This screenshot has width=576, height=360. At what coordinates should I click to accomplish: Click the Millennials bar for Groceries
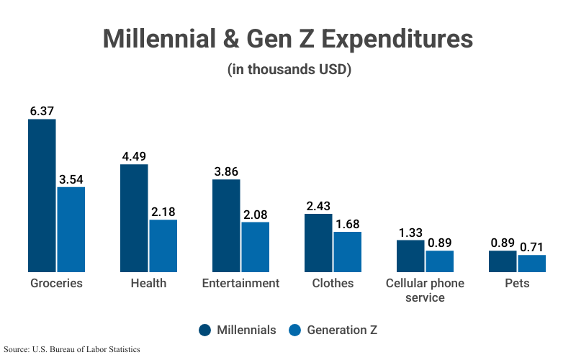tap(42, 195)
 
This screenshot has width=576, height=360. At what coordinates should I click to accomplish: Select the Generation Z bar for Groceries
tap(71, 229)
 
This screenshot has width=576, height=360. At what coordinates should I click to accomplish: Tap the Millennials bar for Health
tap(134, 217)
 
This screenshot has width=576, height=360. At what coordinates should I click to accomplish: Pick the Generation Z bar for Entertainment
tap(255, 246)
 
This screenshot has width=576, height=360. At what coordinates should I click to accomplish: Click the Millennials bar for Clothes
tap(318, 243)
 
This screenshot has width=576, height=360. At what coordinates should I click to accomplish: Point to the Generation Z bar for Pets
tap(532, 263)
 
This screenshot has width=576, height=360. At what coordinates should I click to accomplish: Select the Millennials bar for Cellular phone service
tap(410, 256)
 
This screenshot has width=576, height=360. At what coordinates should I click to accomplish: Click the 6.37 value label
tap(42, 111)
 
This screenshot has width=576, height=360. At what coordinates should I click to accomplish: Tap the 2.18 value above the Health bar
tap(163, 212)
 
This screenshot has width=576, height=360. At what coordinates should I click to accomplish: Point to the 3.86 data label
tap(226, 171)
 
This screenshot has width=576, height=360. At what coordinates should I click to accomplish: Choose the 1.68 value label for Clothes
tap(347, 224)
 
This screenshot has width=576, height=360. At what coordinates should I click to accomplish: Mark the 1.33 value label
tap(410, 232)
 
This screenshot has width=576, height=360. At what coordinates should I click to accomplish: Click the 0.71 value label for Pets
tap(532, 247)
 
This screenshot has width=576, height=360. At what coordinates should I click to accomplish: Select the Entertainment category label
tap(240, 283)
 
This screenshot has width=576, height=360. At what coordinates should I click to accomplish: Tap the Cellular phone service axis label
tap(425, 289)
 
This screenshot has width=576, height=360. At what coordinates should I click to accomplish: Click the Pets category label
tap(517, 283)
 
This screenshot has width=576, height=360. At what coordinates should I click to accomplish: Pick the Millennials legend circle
tap(205, 330)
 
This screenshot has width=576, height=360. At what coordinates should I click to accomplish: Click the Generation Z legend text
tap(341, 330)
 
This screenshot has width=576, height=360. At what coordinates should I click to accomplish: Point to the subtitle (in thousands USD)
tap(288, 71)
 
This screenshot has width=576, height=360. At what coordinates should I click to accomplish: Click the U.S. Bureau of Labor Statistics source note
tap(72, 349)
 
